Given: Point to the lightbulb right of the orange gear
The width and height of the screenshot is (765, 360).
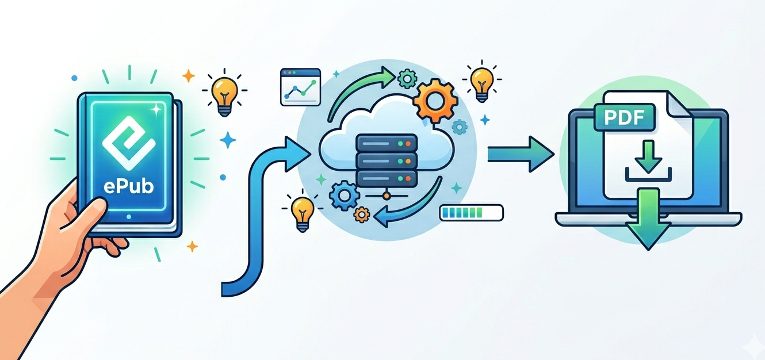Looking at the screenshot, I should point(481,82).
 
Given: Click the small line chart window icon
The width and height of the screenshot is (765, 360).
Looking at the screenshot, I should point(299,87).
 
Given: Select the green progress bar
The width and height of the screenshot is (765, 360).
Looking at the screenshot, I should point(471,213).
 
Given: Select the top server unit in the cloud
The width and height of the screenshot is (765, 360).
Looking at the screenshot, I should point(386,141).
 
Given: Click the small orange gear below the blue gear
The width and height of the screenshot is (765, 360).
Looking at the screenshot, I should point(361,215).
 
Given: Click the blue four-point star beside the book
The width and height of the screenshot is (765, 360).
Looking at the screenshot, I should point(228,140).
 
